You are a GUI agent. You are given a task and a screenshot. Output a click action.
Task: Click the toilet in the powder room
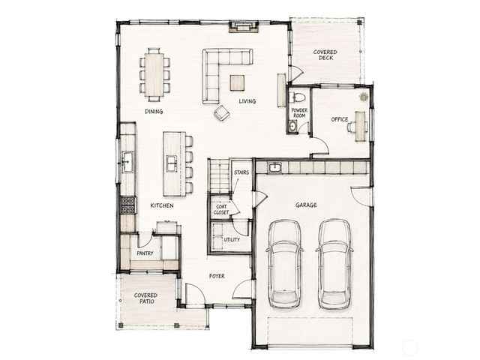[x=298, y=97]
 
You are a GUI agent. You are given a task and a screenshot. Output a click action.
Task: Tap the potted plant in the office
[x=364, y=97]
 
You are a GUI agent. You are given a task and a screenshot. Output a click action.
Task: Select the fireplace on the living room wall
[x=244, y=27]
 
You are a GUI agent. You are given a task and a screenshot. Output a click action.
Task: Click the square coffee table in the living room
[x=237, y=83]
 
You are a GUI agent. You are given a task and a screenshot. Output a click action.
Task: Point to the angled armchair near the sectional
[x=222, y=113]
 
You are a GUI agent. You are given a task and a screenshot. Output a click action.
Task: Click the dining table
[x=154, y=75]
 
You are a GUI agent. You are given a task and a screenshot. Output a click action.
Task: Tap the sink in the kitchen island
[x=172, y=163]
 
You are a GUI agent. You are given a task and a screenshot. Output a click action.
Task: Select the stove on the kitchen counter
[x=128, y=205]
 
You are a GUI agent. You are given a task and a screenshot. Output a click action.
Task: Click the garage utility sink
[x=275, y=168]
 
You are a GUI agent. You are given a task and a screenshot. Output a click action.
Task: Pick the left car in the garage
[x=285, y=264]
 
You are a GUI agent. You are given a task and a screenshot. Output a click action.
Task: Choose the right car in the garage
[x=334, y=264]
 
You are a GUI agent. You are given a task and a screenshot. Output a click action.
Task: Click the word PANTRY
[x=145, y=253]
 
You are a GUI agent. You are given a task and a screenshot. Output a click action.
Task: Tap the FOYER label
[x=217, y=276]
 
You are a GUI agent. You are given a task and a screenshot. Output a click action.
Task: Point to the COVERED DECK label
[x=325, y=55]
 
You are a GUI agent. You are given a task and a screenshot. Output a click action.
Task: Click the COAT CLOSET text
[x=221, y=209]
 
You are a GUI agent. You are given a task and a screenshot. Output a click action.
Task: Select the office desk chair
[x=351, y=127]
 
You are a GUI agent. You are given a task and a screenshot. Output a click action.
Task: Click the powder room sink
[x=292, y=126]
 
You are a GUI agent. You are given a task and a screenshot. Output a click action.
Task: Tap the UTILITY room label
[x=232, y=240]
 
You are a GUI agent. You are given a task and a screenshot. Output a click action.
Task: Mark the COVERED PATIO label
[x=145, y=298]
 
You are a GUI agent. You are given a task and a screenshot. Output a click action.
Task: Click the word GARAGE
[x=306, y=205]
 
